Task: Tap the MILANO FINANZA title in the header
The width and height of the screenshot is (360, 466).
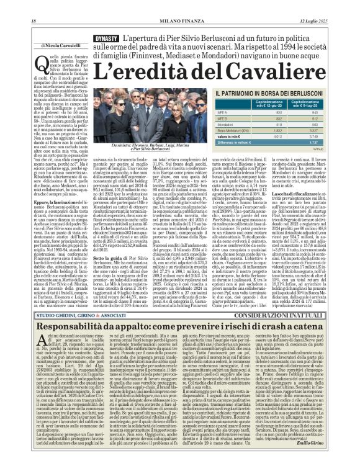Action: pos(179,5)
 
